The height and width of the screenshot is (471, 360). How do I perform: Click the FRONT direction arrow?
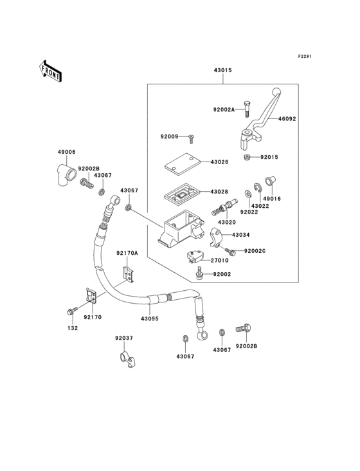[x=51, y=70]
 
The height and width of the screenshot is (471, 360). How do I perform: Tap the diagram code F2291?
[x=304, y=57]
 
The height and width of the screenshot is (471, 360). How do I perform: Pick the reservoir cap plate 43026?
[x=181, y=162]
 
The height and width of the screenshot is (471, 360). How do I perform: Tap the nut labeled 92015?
[x=247, y=157]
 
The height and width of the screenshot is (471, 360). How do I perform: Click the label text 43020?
[x=227, y=222]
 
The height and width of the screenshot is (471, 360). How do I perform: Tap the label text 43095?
[x=149, y=318]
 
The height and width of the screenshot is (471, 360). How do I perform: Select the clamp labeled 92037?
[x=124, y=358]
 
